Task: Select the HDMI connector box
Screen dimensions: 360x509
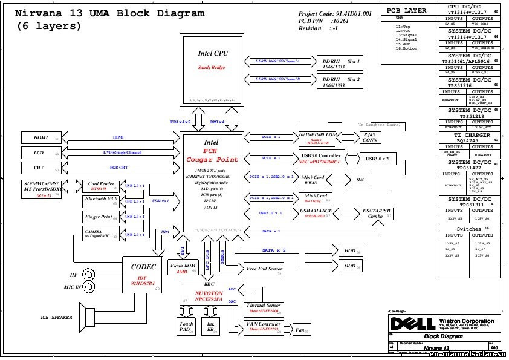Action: coord(41,138)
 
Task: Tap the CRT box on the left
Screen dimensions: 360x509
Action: coord(41,168)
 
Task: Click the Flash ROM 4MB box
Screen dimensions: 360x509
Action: coord(183,268)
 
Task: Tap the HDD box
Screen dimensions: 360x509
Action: coord(350,250)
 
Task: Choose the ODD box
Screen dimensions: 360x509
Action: coord(350,265)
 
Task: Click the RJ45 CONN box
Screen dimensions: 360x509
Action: coord(369,137)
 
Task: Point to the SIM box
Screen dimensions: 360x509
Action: coord(360,180)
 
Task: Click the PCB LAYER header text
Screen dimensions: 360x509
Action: coord(406,10)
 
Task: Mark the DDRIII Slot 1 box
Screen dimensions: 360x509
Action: coord(342,64)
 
